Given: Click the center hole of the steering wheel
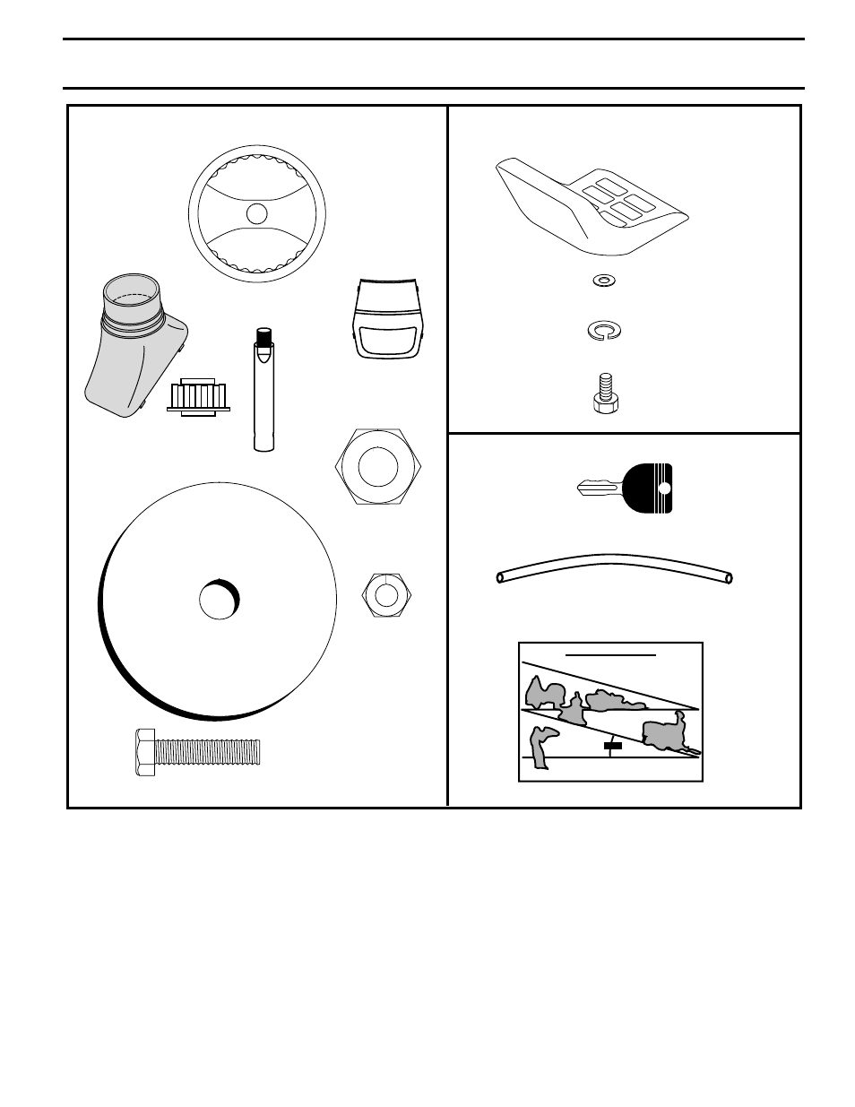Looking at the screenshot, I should [x=256, y=213].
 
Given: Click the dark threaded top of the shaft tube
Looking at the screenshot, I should [x=263, y=338].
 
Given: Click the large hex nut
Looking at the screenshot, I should [x=377, y=467].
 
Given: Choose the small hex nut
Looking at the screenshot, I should [x=386, y=594].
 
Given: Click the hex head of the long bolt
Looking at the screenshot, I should [x=144, y=752].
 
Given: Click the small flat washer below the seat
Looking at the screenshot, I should [x=604, y=281].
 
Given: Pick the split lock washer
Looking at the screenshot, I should [x=604, y=332].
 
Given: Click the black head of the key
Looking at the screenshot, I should [x=647, y=489].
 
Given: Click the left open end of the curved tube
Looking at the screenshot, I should [x=501, y=578].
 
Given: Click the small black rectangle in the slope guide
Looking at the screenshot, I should [x=612, y=745].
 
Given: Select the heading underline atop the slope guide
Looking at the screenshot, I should [x=610, y=655].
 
